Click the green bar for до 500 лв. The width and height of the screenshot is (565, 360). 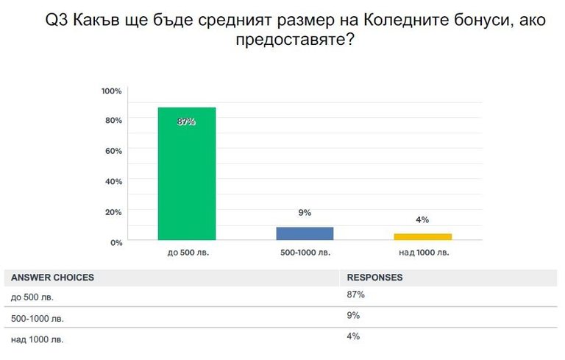(x=187, y=177)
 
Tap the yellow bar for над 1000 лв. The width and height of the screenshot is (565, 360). (x=422, y=236)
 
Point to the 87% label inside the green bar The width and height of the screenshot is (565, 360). (x=186, y=121)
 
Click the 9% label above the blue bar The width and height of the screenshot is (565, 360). (x=305, y=213)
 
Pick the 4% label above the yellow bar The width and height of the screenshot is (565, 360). (x=422, y=219)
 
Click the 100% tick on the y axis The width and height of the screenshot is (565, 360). (x=111, y=91)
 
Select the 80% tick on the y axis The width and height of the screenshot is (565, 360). (x=113, y=120)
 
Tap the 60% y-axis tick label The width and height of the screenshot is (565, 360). (x=113, y=151)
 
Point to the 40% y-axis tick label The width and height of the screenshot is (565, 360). (x=113, y=181)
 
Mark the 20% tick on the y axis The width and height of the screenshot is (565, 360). (x=113, y=212)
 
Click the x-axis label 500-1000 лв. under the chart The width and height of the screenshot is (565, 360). (x=305, y=253)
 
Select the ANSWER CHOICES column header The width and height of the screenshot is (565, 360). (x=52, y=278)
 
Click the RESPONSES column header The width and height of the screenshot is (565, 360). (x=374, y=278)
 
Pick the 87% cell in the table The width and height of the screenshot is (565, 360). (x=356, y=295)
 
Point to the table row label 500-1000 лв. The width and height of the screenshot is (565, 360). (x=38, y=319)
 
